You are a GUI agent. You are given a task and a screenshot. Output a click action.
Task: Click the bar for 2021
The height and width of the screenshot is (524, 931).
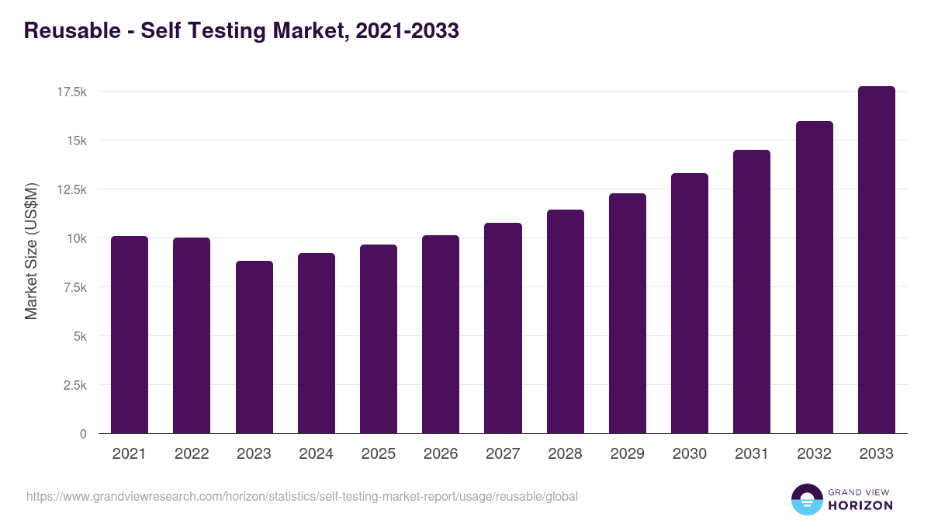tap(130, 335)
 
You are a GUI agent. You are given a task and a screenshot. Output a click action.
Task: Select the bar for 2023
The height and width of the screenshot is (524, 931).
tap(254, 347)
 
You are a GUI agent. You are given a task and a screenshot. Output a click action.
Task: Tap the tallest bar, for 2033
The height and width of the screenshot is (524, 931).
tap(876, 260)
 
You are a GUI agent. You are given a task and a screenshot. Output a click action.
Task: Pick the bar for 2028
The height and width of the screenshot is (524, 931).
tap(565, 321)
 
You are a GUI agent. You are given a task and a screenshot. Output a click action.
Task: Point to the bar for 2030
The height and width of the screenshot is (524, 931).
tap(690, 304)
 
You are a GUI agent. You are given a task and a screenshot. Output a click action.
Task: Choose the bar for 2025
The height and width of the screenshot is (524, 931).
tap(379, 339)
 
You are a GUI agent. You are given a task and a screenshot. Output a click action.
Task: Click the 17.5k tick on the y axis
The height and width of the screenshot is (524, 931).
tap(71, 92)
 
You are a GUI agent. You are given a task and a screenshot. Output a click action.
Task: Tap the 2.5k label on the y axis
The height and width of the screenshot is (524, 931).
tap(74, 385)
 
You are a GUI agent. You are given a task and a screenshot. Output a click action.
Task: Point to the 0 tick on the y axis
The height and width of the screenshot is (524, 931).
tap(83, 434)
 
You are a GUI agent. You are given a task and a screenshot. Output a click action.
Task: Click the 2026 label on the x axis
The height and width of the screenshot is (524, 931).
tap(441, 454)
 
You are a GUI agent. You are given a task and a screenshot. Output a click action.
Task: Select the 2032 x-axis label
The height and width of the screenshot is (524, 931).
tap(814, 454)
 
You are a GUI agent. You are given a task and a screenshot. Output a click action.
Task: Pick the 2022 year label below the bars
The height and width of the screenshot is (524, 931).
tap(192, 454)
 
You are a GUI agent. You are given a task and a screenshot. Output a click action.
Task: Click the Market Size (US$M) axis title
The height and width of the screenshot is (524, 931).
tap(31, 251)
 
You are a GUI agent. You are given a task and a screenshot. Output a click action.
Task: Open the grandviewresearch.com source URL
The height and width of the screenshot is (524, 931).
tap(302, 496)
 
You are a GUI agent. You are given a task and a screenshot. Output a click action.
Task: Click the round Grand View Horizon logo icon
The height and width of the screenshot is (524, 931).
tap(806, 499)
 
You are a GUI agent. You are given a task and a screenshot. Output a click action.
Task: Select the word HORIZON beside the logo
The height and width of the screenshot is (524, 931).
tap(860, 505)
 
